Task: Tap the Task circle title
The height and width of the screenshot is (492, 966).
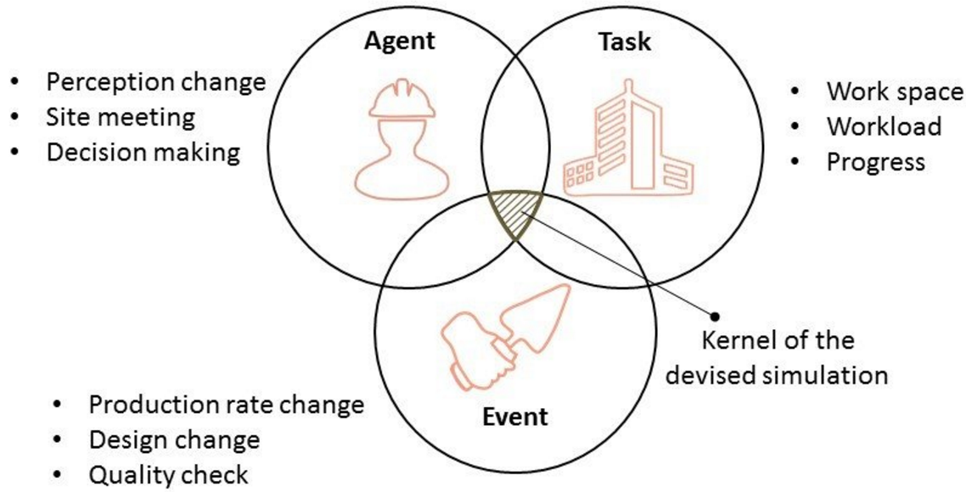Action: [x=624, y=42]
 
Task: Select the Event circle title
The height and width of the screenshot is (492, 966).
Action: [x=514, y=417]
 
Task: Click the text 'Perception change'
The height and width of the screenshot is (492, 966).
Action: [x=155, y=82]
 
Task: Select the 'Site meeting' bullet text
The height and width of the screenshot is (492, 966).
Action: [x=120, y=116]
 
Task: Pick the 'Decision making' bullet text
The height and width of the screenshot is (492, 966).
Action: [x=143, y=152]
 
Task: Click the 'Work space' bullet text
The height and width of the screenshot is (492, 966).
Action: [x=895, y=91]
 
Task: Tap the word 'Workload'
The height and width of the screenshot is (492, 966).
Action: [x=884, y=126]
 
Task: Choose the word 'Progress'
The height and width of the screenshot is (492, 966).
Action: [x=875, y=161]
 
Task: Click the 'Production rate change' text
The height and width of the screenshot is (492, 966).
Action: [x=226, y=404]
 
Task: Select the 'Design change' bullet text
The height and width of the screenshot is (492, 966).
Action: [x=174, y=439]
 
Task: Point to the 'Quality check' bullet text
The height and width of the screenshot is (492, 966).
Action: [x=168, y=474]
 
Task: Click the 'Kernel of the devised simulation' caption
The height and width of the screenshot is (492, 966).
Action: [x=776, y=357]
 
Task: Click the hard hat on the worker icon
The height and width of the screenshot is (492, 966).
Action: [x=402, y=100]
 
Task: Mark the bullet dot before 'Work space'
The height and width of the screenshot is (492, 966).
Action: [x=795, y=91]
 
